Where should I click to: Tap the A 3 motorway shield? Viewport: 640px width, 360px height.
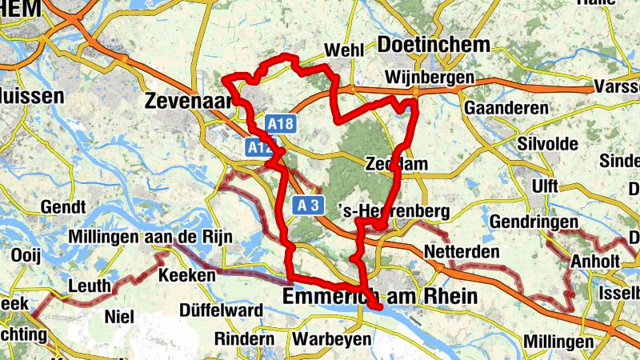pos(309,206)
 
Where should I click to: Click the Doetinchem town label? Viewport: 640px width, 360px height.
pos(433,45)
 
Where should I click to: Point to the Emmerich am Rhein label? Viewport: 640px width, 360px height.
pos(380,297)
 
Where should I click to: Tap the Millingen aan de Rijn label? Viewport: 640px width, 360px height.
pos(153,237)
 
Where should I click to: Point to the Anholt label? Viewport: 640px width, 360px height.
pos(594,262)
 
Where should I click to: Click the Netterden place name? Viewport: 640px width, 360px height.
pos(462,252)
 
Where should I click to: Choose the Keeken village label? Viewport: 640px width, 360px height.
pos(188,275)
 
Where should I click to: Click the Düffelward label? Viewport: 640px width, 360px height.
pos(222,310)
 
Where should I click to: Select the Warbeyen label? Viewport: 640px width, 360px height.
pos(331,339)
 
